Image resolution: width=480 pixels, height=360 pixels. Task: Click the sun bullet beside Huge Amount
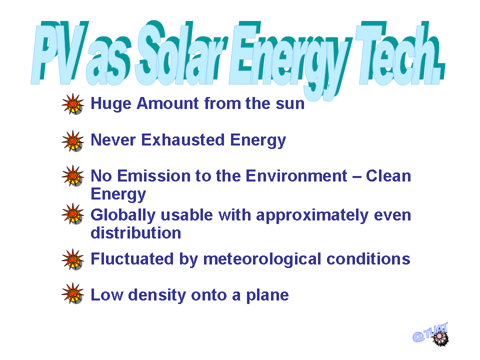coord(72,104)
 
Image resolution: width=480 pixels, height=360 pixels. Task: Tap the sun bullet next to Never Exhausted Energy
coord(72,141)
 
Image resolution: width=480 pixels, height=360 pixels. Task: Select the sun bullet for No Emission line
coord(72,175)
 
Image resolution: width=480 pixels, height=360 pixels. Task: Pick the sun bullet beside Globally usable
coord(72,213)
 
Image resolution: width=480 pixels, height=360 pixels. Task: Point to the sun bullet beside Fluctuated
coord(72,259)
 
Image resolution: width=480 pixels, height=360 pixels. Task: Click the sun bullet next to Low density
coord(72,293)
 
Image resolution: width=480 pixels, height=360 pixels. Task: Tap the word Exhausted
coord(183,140)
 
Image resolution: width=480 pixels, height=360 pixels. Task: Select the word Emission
coord(153,176)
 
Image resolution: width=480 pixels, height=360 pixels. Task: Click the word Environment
coord(296,176)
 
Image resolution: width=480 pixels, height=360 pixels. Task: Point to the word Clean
coord(388,176)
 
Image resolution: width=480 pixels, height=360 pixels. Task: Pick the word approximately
coord(312,216)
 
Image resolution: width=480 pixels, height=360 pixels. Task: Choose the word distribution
coord(136,233)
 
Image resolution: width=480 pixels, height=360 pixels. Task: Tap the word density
coord(157,295)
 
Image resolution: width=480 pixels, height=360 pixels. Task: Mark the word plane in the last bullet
coord(267,295)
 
